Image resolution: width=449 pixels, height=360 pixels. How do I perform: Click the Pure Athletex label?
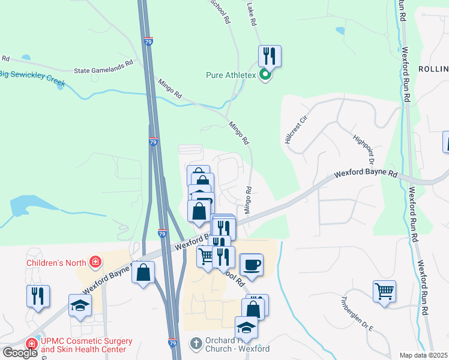point(231,76)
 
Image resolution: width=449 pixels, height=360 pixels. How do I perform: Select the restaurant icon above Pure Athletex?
point(270,56)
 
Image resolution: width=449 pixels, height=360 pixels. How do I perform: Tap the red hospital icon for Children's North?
point(95,262)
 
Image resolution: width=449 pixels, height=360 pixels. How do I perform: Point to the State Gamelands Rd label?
point(103,70)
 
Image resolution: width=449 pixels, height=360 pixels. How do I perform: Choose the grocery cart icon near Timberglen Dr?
point(384,291)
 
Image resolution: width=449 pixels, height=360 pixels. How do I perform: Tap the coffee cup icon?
point(251,264)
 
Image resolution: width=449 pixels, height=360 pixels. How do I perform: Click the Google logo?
point(20,352)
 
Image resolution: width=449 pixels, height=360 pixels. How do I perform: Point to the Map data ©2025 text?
point(424,355)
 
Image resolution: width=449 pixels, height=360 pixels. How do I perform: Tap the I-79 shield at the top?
point(148,42)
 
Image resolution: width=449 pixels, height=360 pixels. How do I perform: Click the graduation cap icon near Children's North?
point(80,305)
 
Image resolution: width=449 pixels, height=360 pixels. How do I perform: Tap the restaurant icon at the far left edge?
point(37,296)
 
